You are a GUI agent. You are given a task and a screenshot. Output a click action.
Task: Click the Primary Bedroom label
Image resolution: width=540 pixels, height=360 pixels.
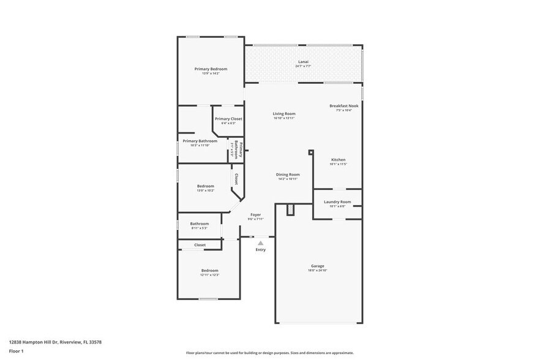tap(211, 69)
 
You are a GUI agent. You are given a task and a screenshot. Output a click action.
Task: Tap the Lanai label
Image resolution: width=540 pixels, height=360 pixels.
tap(303, 62)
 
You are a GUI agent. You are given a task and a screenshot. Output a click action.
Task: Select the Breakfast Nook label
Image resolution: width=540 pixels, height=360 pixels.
tap(343, 106)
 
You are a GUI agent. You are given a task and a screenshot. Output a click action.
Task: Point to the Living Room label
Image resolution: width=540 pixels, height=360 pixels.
tap(284, 114)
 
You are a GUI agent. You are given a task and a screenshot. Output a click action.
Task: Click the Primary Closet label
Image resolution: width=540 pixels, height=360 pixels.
tap(228, 119)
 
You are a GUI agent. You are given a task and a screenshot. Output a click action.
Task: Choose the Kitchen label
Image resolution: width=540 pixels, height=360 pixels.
tap(338, 160)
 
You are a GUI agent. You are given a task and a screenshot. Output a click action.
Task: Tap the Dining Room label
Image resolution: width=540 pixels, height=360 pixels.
tap(288, 174)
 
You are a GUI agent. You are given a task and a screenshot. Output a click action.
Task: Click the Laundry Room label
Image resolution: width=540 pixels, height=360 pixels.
tap(337, 202)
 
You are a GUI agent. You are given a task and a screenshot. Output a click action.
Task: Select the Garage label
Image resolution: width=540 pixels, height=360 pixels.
tap(317, 266)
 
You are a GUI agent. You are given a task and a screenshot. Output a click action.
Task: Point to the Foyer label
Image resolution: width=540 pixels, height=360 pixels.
tap(255, 215)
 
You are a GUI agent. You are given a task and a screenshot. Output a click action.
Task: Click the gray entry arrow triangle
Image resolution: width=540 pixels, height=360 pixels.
tap(260, 243)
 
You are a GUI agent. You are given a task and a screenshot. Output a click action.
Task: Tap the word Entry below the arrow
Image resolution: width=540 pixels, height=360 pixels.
tap(260, 250)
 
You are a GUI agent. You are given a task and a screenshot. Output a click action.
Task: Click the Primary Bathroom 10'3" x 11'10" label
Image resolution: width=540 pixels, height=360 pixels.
tap(200, 141)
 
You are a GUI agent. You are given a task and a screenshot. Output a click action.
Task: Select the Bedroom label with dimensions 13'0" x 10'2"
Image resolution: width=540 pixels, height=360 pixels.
tap(205, 186)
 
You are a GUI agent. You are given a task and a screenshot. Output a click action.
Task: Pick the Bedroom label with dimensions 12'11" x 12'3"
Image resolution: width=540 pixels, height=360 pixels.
tap(209, 271)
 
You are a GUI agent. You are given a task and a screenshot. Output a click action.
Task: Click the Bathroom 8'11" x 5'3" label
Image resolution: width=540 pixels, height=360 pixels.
tap(199, 224)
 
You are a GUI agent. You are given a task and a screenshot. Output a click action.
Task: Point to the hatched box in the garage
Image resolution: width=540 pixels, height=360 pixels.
tap(291, 210)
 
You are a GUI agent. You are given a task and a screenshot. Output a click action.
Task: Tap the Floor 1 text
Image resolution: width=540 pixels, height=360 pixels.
tap(16, 351)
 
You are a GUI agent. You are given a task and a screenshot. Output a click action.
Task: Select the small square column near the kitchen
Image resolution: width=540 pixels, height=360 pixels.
tap(311, 152)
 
